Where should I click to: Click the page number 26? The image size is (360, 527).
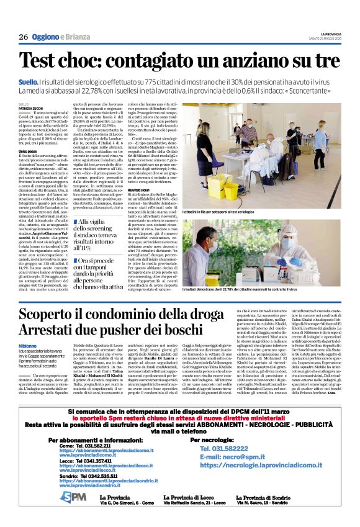coord(23,37)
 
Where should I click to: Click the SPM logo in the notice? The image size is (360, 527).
coord(73,497)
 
